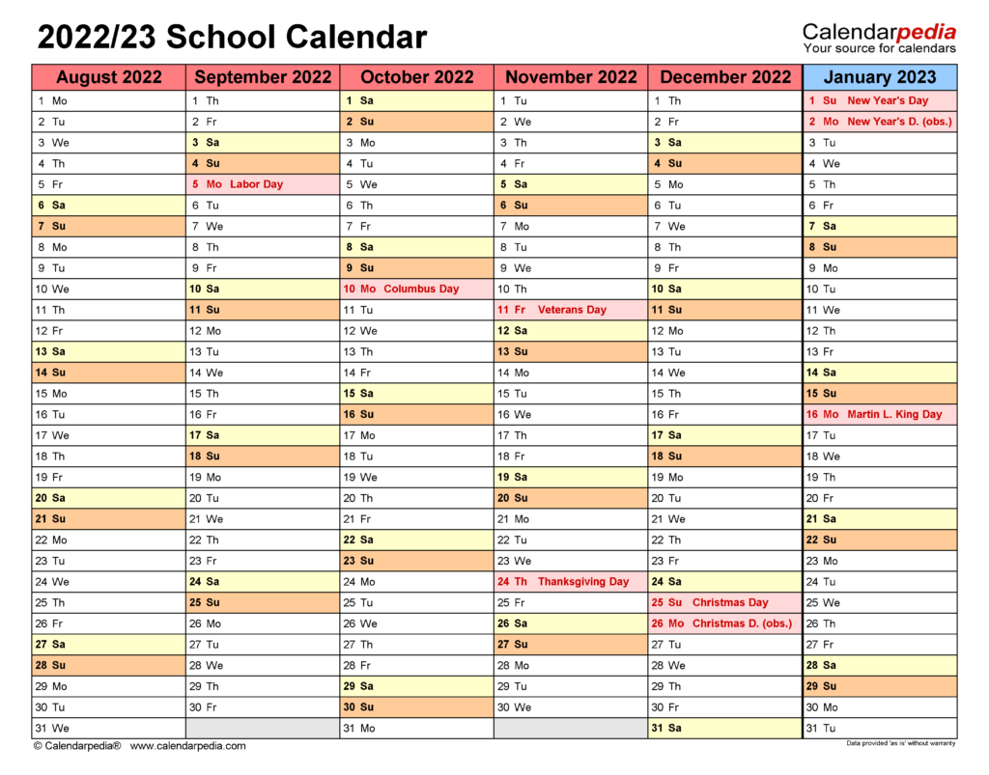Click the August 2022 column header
[108, 77]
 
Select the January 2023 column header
[879, 77]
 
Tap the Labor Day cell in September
[262, 184]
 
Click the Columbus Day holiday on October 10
[416, 289]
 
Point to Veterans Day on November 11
[571, 310]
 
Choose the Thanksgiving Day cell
[571, 582]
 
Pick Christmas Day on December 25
[724, 602]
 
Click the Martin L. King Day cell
[879, 414]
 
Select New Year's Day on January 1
[879, 100]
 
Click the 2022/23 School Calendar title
[232, 38]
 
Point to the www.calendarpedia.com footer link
[187, 746]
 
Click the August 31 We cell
[108, 729]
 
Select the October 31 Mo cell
[416, 729]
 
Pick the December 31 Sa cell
[724, 729]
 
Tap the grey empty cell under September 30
[262, 729]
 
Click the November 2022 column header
[571, 77]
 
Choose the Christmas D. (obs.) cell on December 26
[724, 623]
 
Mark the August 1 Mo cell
[108, 100]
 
